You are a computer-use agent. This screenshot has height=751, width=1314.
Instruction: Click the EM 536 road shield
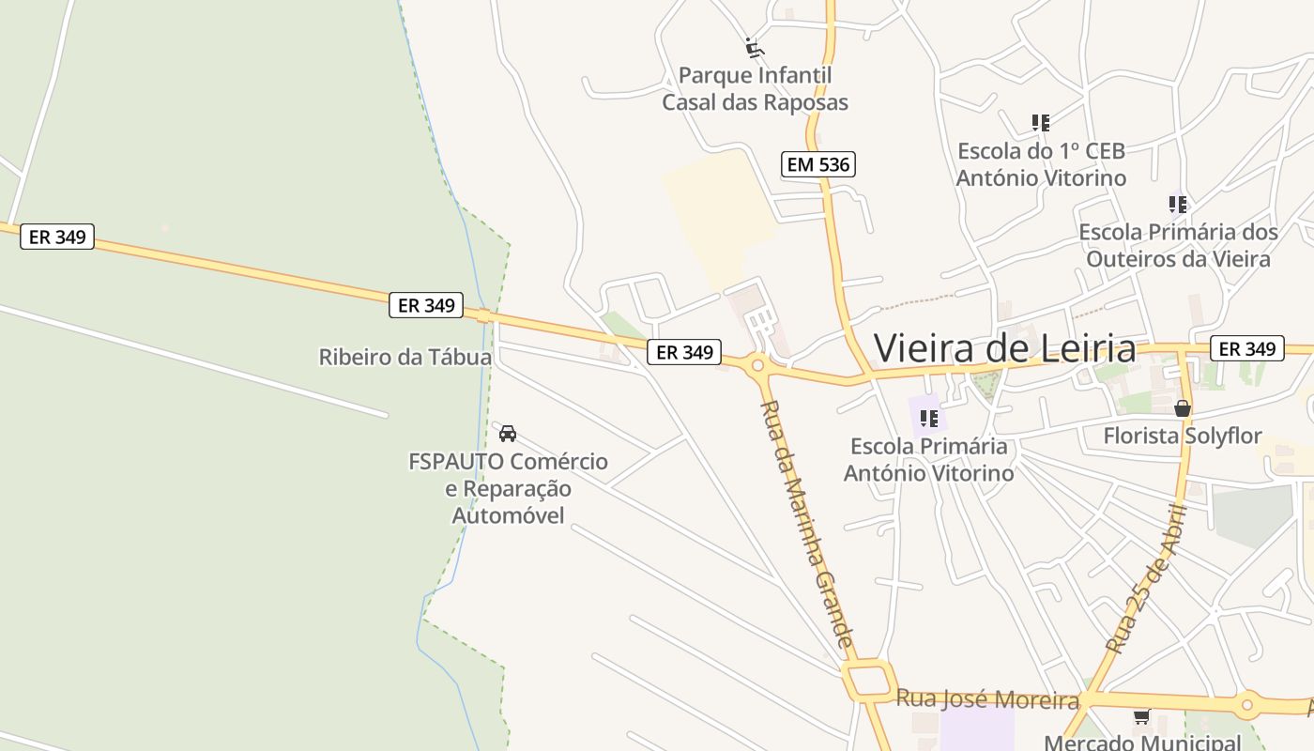[x=817, y=165]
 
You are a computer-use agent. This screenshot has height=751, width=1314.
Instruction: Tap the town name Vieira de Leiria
[x=1004, y=348]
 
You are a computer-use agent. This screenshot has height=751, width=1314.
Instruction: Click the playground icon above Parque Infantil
[x=754, y=46]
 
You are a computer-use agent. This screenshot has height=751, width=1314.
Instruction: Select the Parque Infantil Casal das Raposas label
[x=755, y=89]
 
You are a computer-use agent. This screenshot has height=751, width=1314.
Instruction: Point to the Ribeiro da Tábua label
[x=405, y=358]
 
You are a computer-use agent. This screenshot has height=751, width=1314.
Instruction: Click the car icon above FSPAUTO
[x=508, y=433]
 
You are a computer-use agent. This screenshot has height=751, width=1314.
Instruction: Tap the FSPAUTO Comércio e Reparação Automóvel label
[x=508, y=488]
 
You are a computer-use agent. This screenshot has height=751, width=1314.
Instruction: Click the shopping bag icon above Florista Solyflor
[x=1183, y=408]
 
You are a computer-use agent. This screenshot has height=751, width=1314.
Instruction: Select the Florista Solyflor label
[x=1183, y=437]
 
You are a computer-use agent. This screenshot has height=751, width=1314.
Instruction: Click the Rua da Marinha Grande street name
[x=808, y=526]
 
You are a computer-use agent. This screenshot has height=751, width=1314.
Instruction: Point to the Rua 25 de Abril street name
[x=1148, y=579]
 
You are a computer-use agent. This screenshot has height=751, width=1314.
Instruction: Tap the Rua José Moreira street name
[x=987, y=699]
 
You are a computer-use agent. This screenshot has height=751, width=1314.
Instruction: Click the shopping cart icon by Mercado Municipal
[x=1141, y=717]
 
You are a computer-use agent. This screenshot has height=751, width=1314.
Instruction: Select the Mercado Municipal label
[x=1142, y=743]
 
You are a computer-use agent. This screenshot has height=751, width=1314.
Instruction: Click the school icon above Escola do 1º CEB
[x=1040, y=123]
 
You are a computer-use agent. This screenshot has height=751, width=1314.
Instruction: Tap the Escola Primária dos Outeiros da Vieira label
[x=1178, y=245]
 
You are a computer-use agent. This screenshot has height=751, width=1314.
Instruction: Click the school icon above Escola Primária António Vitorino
[x=929, y=418]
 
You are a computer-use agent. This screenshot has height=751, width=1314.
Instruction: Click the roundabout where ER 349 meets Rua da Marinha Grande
[x=756, y=365]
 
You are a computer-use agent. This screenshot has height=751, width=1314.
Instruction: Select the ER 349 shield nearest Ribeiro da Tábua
[x=426, y=305]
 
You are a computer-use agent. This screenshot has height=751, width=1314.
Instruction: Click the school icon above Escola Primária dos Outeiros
[x=1178, y=204]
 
